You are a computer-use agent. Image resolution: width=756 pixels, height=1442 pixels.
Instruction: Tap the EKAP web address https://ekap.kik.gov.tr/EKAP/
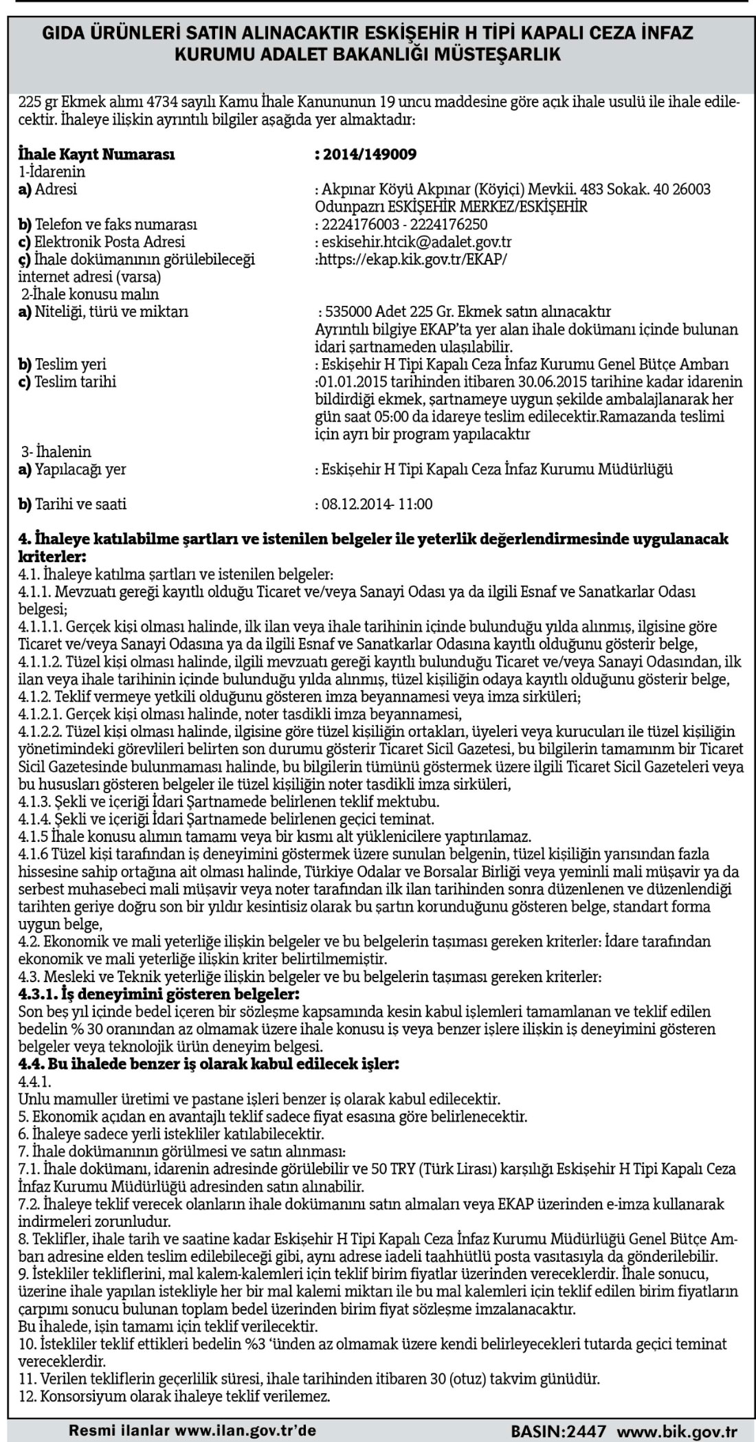click(411, 259)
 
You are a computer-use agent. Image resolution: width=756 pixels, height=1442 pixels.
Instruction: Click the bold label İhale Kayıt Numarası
click(96, 154)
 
